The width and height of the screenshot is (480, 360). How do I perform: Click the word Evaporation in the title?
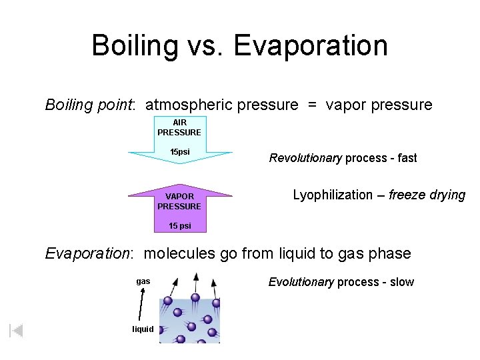311,46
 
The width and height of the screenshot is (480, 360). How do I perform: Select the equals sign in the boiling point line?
312,105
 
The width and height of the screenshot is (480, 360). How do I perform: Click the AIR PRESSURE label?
179,127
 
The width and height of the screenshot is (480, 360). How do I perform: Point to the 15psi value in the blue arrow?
179,152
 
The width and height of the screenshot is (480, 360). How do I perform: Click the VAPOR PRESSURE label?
179,201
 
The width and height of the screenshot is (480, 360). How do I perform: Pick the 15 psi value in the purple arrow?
179,226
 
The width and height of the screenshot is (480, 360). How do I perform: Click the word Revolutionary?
305,158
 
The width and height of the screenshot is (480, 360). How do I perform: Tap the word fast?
406,158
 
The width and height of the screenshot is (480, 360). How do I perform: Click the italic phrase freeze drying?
427,195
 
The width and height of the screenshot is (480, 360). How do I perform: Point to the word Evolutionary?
301,282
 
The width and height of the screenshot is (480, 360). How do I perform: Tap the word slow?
402,282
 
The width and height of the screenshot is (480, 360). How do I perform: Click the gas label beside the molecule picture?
143,281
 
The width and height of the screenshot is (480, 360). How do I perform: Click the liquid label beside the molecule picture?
143,329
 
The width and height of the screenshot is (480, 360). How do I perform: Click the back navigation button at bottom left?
16,330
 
